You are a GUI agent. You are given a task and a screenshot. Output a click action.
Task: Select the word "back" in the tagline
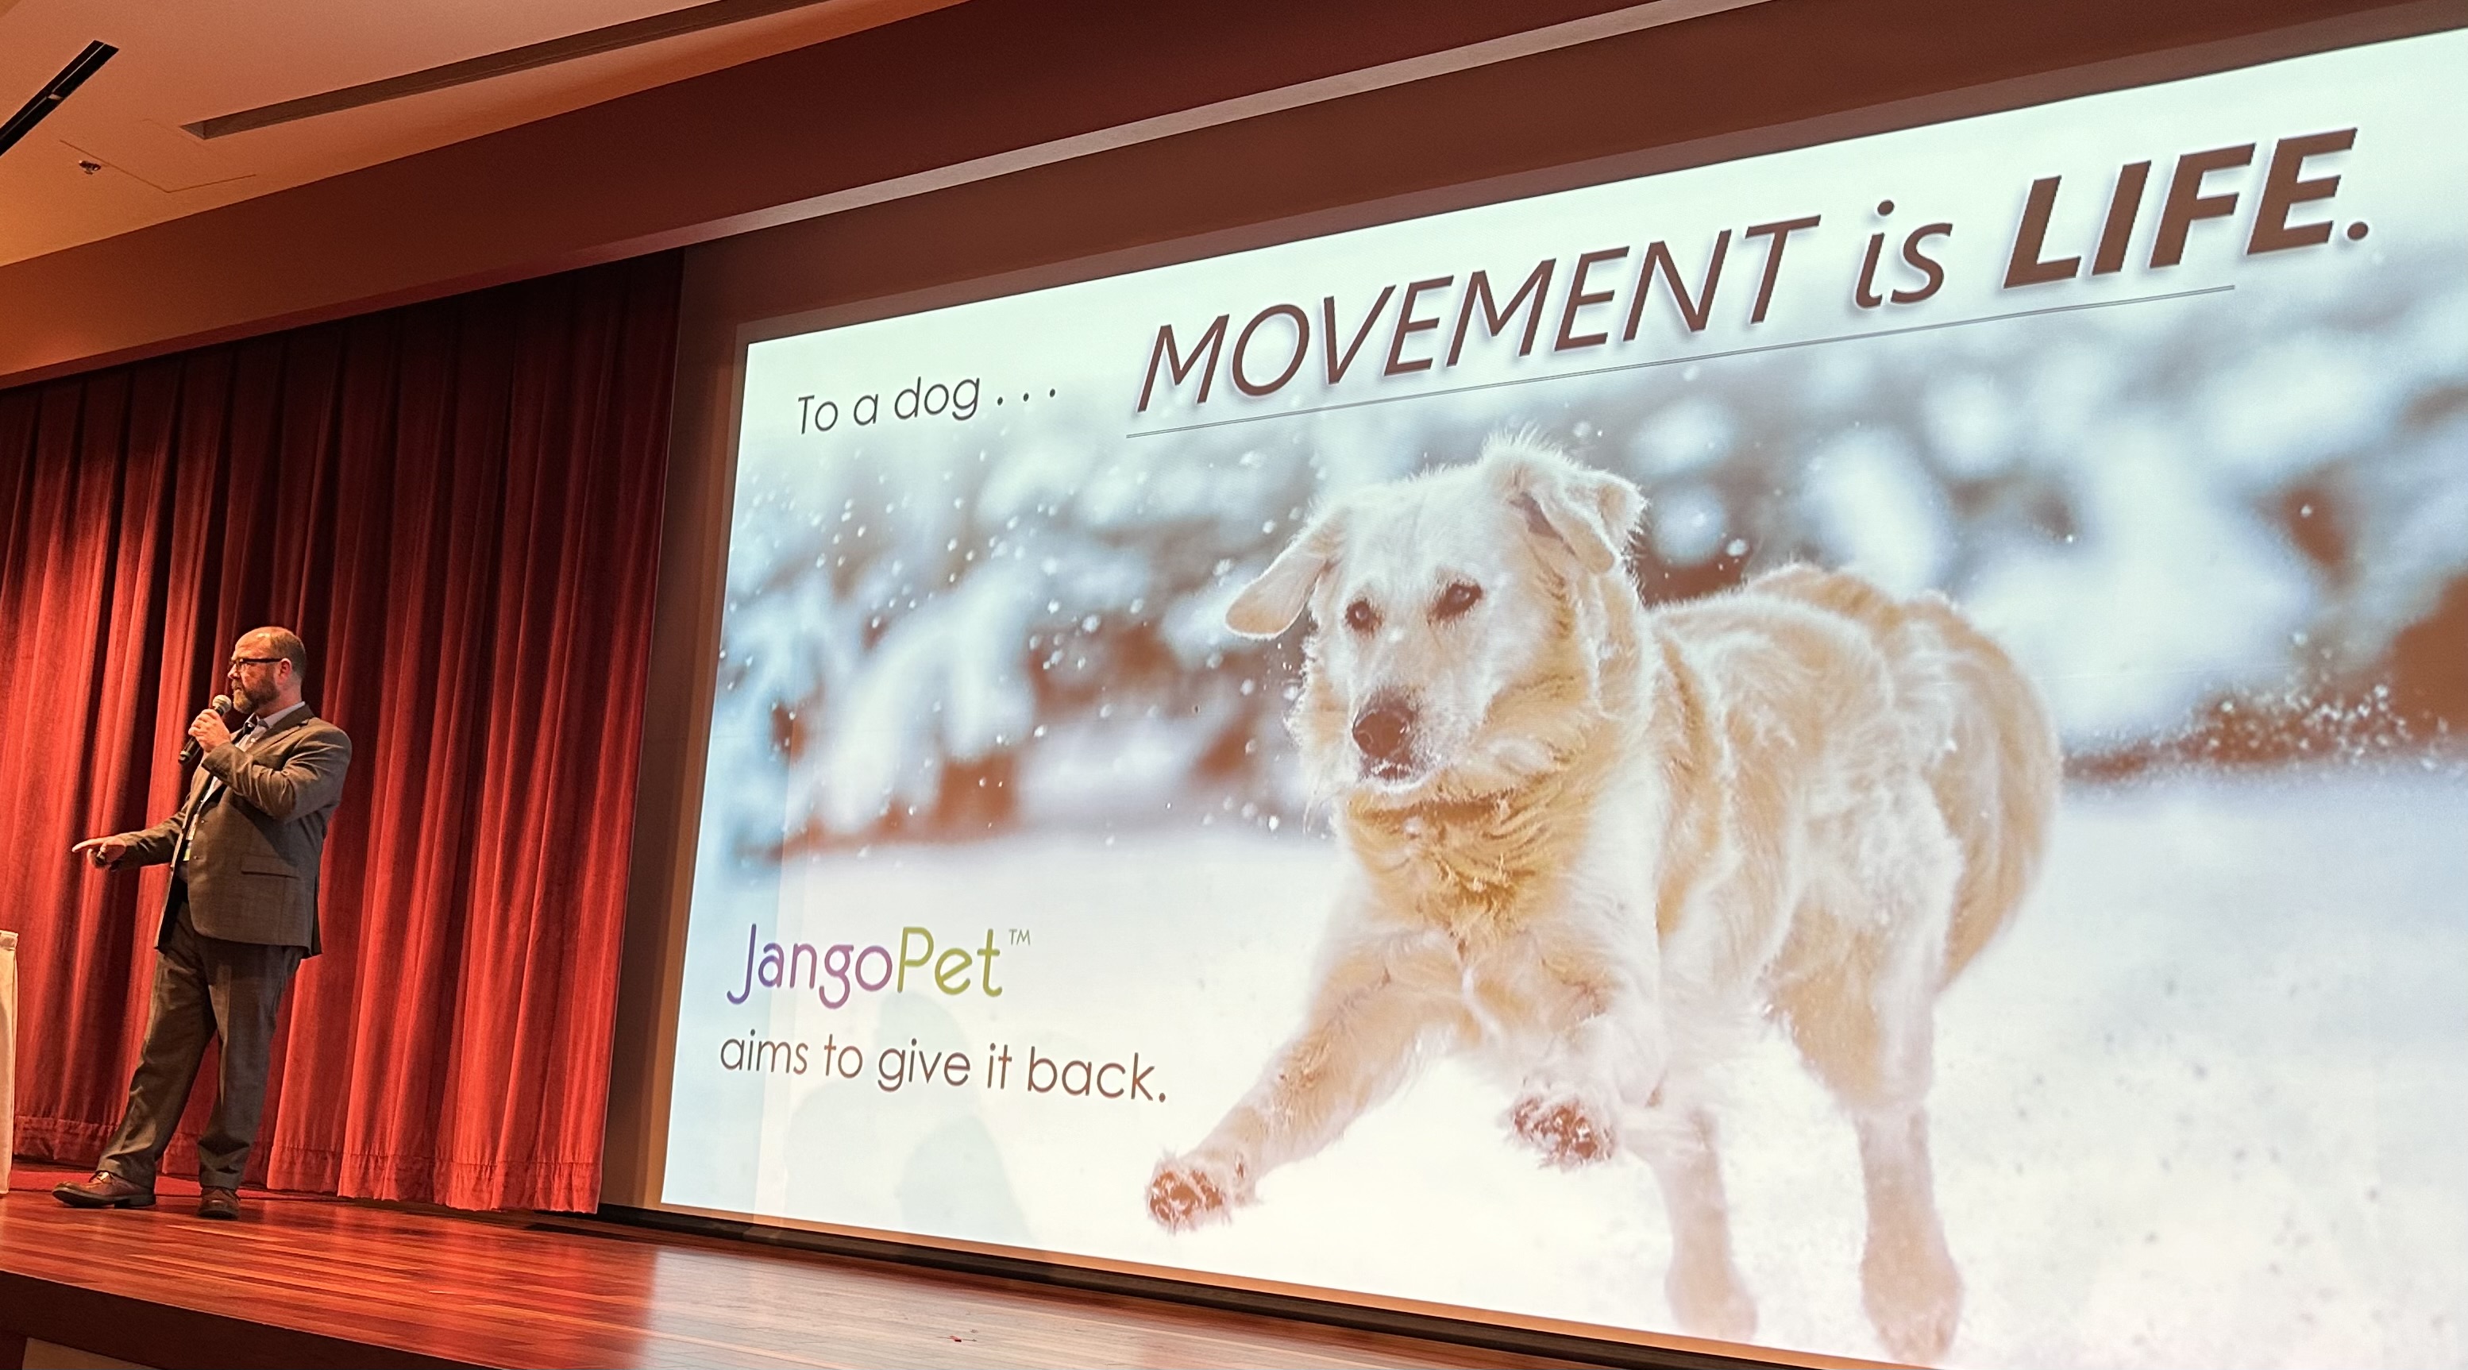[x=1096, y=1078]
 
